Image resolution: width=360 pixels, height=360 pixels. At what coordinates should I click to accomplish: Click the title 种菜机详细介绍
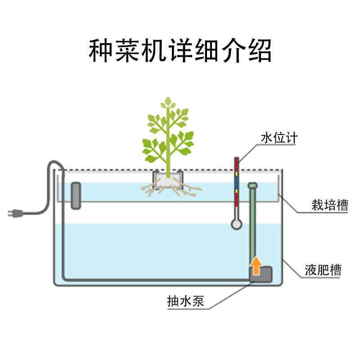pyautogui.click(x=180, y=50)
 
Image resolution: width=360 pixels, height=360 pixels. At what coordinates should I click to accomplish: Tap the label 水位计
pyautogui.click(x=279, y=138)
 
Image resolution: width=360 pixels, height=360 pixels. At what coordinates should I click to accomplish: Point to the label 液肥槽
pyautogui.click(x=323, y=270)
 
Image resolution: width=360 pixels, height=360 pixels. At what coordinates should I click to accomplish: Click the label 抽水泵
pyautogui.click(x=185, y=301)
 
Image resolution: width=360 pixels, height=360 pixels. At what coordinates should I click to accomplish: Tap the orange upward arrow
pyautogui.click(x=256, y=265)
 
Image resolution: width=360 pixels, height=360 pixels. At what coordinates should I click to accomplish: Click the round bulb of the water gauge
pyautogui.click(x=236, y=224)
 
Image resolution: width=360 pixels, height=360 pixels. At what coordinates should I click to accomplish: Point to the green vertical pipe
pyautogui.click(x=253, y=225)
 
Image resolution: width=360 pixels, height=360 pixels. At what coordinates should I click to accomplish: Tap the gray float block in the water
pyautogui.click(x=76, y=195)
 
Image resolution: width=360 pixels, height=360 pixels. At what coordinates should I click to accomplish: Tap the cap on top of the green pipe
pyautogui.click(x=253, y=185)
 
